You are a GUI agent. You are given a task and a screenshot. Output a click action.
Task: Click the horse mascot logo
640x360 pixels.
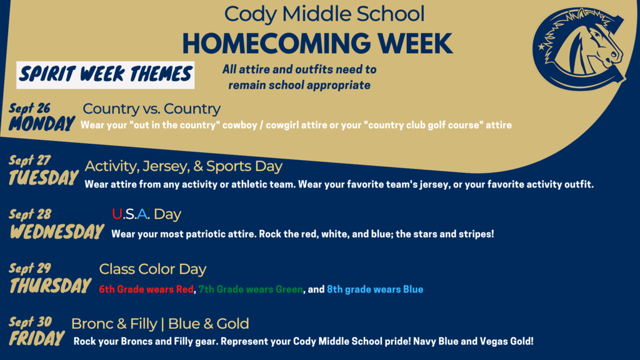(579, 48)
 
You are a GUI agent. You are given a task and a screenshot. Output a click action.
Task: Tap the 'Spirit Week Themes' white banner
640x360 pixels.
(105, 75)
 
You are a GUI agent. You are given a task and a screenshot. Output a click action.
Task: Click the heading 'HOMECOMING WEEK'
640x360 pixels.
(317, 43)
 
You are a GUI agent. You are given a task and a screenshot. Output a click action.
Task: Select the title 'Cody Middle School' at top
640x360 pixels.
(324, 14)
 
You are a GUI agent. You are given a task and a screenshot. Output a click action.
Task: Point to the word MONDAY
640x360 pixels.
(42, 124)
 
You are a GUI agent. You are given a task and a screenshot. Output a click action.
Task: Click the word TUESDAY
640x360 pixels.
(43, 177)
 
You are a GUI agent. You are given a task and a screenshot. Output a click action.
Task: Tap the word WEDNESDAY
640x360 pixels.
(57, 231)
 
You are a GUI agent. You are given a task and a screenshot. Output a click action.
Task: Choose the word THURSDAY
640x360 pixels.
(50, 285)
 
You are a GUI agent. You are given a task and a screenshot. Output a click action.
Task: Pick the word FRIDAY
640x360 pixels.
(37, 338)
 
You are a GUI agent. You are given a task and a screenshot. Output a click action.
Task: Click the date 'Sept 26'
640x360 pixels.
(29, 109)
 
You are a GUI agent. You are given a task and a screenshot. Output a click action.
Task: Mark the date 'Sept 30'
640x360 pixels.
(30, 322)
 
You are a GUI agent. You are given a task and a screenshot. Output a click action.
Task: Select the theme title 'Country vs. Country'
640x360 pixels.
(151, 109)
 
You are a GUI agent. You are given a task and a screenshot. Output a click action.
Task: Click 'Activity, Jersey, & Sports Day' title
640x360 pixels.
(183, 166)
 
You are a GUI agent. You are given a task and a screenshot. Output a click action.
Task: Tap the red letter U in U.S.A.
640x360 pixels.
(117, 214)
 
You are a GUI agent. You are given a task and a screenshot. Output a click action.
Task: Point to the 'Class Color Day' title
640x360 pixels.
(152, 269)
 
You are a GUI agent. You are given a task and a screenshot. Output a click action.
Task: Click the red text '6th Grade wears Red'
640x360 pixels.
(146, 289)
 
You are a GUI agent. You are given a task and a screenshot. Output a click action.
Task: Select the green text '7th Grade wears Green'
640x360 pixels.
(251, 289)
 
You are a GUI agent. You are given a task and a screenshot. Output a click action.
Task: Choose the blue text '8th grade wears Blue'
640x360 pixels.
(375, 289)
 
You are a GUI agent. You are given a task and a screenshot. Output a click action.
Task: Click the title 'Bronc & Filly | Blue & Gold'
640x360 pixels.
(160, 324)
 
